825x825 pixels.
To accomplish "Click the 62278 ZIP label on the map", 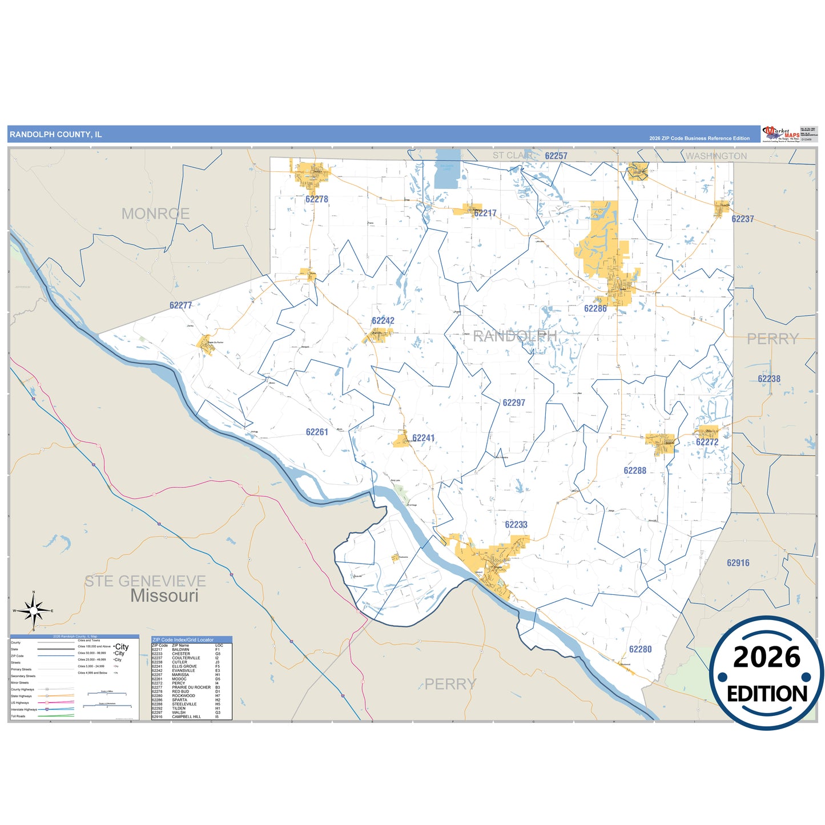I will tap(316, 199).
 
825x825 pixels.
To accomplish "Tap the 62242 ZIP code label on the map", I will tap(383, 321).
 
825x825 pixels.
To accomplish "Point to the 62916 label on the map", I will tap(738, 563).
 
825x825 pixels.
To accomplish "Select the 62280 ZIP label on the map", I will tap(640, 649).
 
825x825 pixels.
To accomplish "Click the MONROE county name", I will tap(155, 214).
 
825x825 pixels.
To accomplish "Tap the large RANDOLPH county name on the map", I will tap(514, 336).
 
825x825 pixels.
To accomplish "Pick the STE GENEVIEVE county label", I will tap(145, 581).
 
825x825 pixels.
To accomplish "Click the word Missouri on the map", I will tap(164, 596).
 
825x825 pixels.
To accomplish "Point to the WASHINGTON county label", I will tap(716, 156).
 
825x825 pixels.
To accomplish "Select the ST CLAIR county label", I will tap(513, 155).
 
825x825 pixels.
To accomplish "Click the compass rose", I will tap(34, 611).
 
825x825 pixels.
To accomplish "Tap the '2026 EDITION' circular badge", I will tap(766, 673).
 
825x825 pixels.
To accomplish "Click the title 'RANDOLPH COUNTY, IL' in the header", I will tap(55, 135).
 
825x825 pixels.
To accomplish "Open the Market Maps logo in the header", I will tap(781, 134).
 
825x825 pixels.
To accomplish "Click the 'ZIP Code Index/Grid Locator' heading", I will tap(183, 640).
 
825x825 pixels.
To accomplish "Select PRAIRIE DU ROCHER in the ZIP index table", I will tap(191, 687).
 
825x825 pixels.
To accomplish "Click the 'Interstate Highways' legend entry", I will tap(24, 710).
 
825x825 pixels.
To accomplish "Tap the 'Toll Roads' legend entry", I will tap(18, 716).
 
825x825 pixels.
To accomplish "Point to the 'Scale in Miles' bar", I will tap(107, 694).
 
